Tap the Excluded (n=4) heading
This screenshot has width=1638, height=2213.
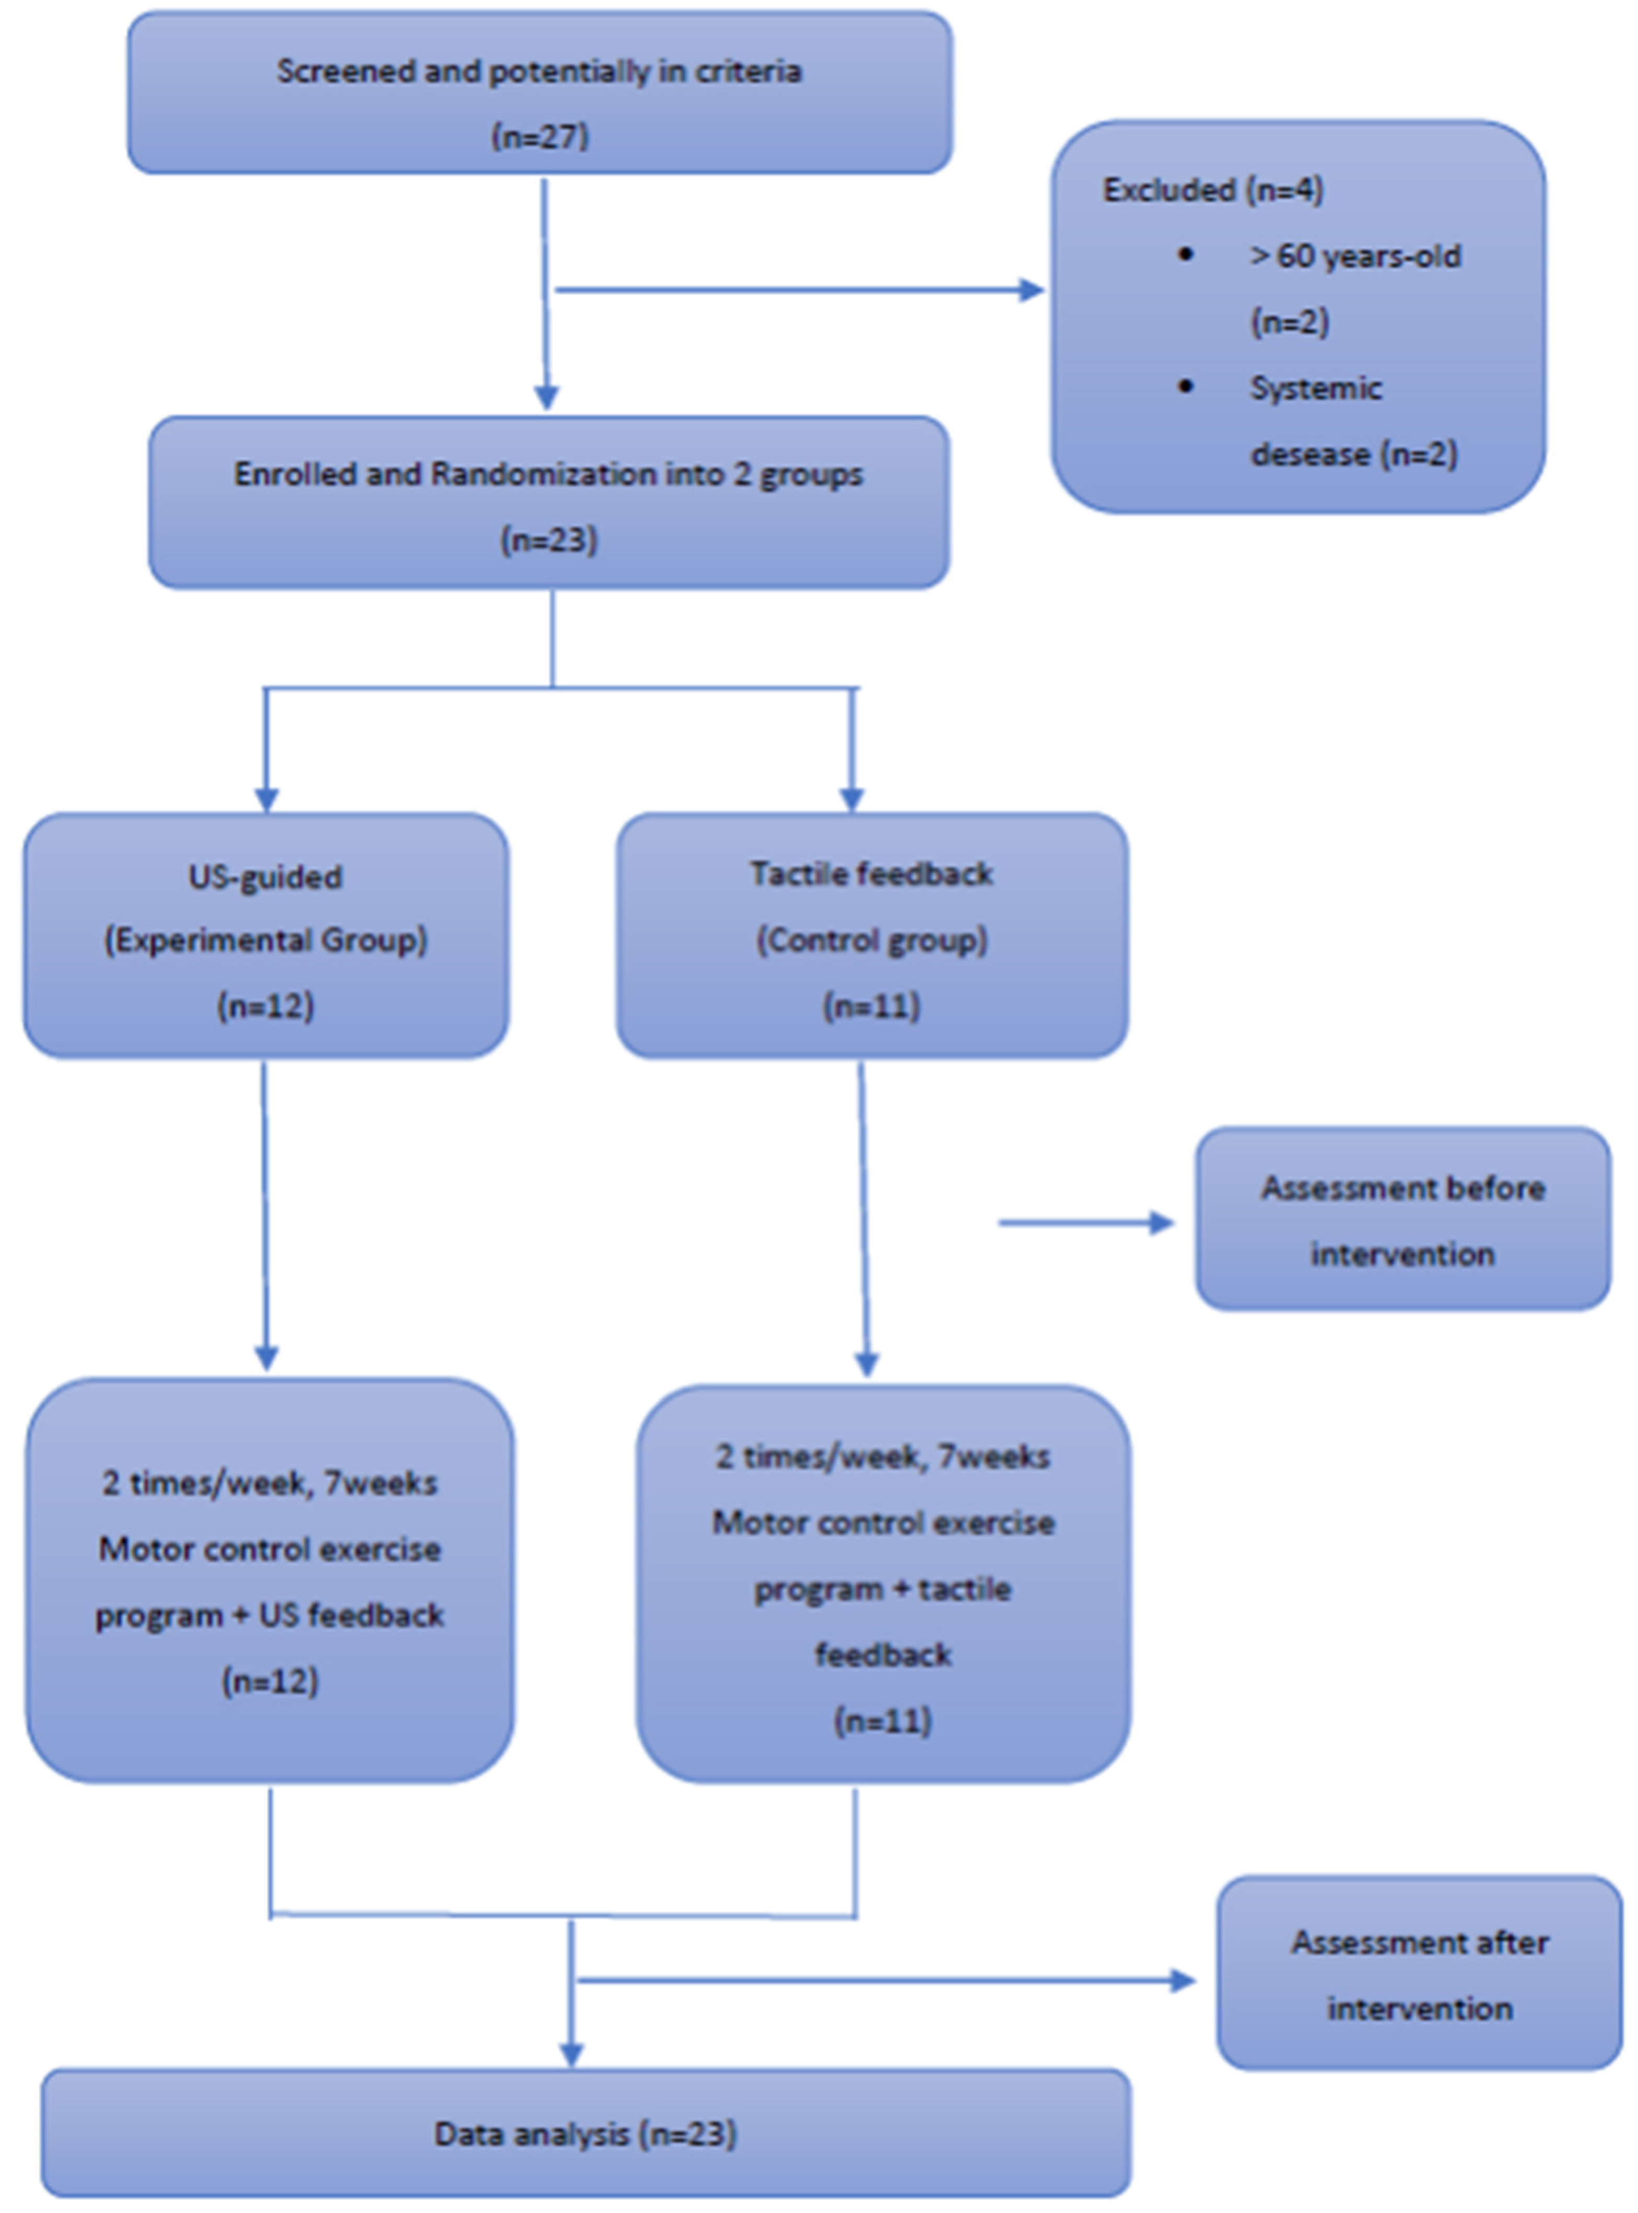[1212, 189]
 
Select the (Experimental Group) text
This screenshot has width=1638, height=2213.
[266, 940]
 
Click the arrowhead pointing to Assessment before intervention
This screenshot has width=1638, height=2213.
[1162, 1222]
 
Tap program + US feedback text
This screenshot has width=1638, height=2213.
[269, 1615]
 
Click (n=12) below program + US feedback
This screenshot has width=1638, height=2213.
[269, 1681]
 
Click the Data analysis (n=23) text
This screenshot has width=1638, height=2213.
[585, 2134]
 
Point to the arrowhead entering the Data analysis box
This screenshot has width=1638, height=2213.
[571, 2055]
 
